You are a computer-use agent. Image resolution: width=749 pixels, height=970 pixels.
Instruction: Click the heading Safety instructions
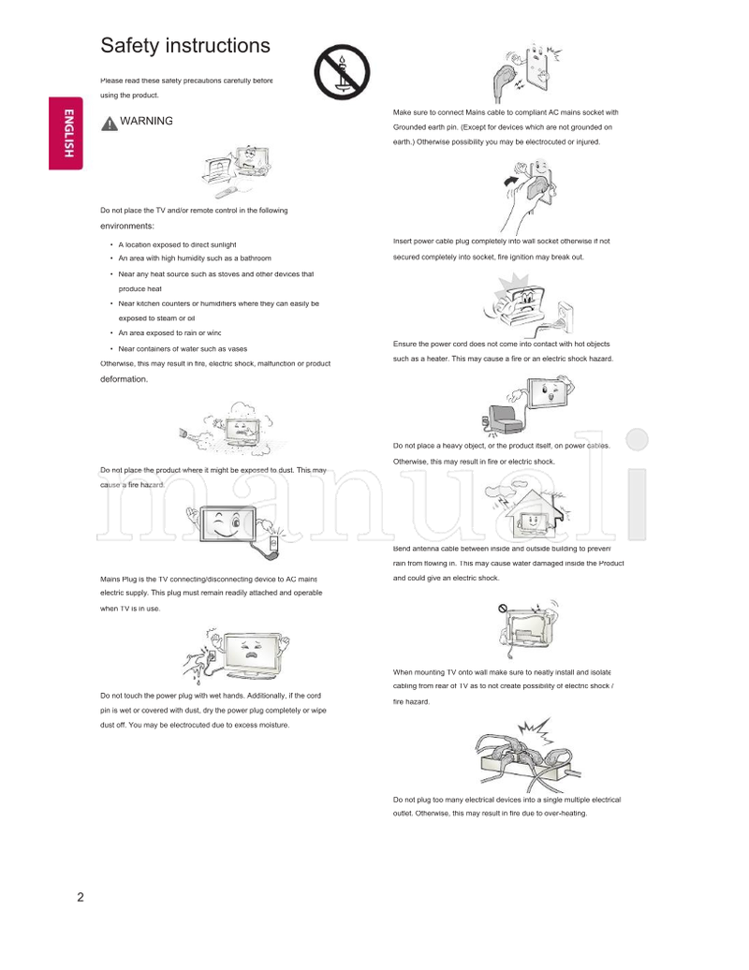[x=185, y=46]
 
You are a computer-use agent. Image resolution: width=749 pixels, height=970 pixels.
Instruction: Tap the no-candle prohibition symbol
[x=342, y=72]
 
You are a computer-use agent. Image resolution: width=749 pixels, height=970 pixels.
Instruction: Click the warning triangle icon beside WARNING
[x=109, y=123]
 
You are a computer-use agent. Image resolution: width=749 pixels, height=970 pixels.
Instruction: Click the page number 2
[x=81, y=898]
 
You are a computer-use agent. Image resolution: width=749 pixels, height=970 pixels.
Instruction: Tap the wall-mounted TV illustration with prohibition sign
[x=530, y=625]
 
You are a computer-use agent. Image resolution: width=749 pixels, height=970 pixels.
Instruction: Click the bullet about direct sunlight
[x=177, y=244]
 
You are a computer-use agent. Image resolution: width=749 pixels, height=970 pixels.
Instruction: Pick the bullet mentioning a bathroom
[x=194, y=258]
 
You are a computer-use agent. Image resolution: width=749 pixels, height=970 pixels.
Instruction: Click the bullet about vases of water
[x=183, y=348]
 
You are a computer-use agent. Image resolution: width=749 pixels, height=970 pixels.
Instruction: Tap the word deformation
[x=124, y=380]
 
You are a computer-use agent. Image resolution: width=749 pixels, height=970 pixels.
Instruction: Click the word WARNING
[x=146, y=122]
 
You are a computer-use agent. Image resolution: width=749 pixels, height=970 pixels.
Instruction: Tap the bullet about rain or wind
[x=169, y=332]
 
